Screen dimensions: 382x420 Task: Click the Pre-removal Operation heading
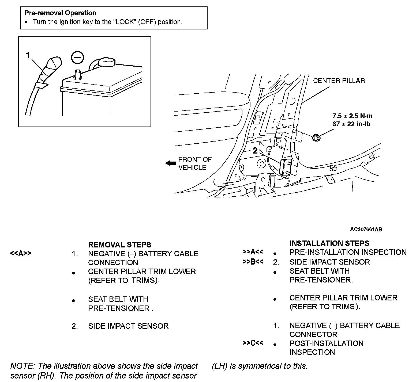tap(60, 13)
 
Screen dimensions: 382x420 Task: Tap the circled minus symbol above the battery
tap(78, 58)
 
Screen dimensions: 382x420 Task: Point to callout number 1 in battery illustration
tap(28, 55)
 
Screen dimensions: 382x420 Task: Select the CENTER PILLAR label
tap(339, 81)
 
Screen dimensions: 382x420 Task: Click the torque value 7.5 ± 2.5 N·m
tap(352, 116)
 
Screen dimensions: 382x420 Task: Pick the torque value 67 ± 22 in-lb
tap(351, 124)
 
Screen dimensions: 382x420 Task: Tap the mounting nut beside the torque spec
tap(316, 137)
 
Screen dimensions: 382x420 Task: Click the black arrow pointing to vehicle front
tap(170, 163)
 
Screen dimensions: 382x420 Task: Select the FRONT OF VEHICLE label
tap(195, 163)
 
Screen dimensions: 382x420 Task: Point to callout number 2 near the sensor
tap(255, 151)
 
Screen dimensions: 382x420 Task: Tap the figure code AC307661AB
tap(366, 229)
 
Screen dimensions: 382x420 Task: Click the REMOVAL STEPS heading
tap(119, 245)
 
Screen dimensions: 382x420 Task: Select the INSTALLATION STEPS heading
tap(329, 243)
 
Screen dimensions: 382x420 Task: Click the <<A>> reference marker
tap(21, 253)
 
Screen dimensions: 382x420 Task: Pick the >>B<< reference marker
tap(253, 262)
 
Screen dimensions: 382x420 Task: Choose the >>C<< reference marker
tap(253, 343)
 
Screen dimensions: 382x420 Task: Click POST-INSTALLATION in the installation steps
tap(326, 343)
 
